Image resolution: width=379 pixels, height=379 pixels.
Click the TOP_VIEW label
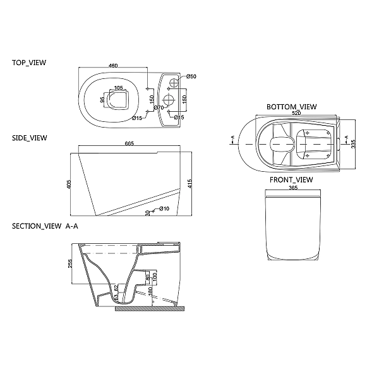click(x=29, y=63)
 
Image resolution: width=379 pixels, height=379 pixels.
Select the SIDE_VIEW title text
click(x=29, y=137)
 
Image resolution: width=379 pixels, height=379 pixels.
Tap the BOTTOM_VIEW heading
click(x=291, y=107)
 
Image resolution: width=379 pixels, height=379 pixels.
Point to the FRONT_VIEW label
click(x=291, y=180)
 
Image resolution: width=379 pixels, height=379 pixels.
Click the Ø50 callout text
click(x=192, y=76)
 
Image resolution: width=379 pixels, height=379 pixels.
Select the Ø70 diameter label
click(x=159, y=108)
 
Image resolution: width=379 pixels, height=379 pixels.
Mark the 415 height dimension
click(x=189, y=183)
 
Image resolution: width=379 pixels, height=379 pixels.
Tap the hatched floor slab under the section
click(x=148, y=309)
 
